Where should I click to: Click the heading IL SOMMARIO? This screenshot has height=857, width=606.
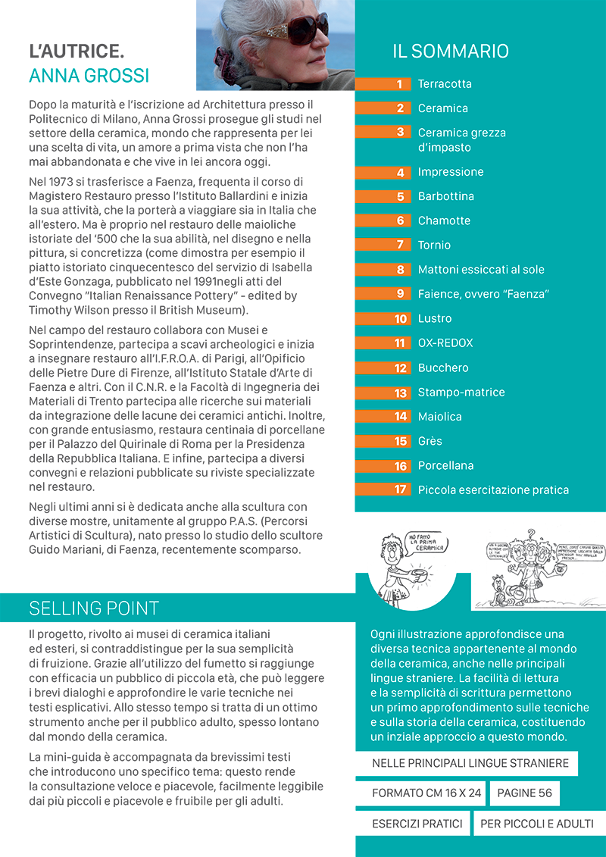click(450, 52)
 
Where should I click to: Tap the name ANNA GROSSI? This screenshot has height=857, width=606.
click(89, 77)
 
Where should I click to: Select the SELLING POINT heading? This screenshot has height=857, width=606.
click(94, 608)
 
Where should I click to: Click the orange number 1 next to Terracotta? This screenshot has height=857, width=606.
click(399, 84)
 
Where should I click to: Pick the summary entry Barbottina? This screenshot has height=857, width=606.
click(445, 196)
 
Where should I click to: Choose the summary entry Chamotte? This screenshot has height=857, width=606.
click(444, 221)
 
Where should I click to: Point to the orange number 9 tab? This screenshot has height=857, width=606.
click(399, 294)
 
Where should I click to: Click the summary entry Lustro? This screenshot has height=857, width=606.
click(435, 318)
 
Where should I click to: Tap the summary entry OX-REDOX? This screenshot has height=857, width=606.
click(445, 343)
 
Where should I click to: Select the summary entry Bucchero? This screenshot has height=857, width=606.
click(443, 368)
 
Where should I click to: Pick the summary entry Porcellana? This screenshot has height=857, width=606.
click(445, 465)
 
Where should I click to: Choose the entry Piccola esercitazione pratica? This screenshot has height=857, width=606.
click(493, 490)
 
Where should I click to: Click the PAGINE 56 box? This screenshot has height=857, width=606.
click(525, 793)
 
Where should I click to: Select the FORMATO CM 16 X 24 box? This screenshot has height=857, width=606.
click(426, 793)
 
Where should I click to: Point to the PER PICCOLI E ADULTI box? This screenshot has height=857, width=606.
click(537, 824)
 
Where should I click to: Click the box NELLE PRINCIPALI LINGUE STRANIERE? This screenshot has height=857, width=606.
click(470, 763)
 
